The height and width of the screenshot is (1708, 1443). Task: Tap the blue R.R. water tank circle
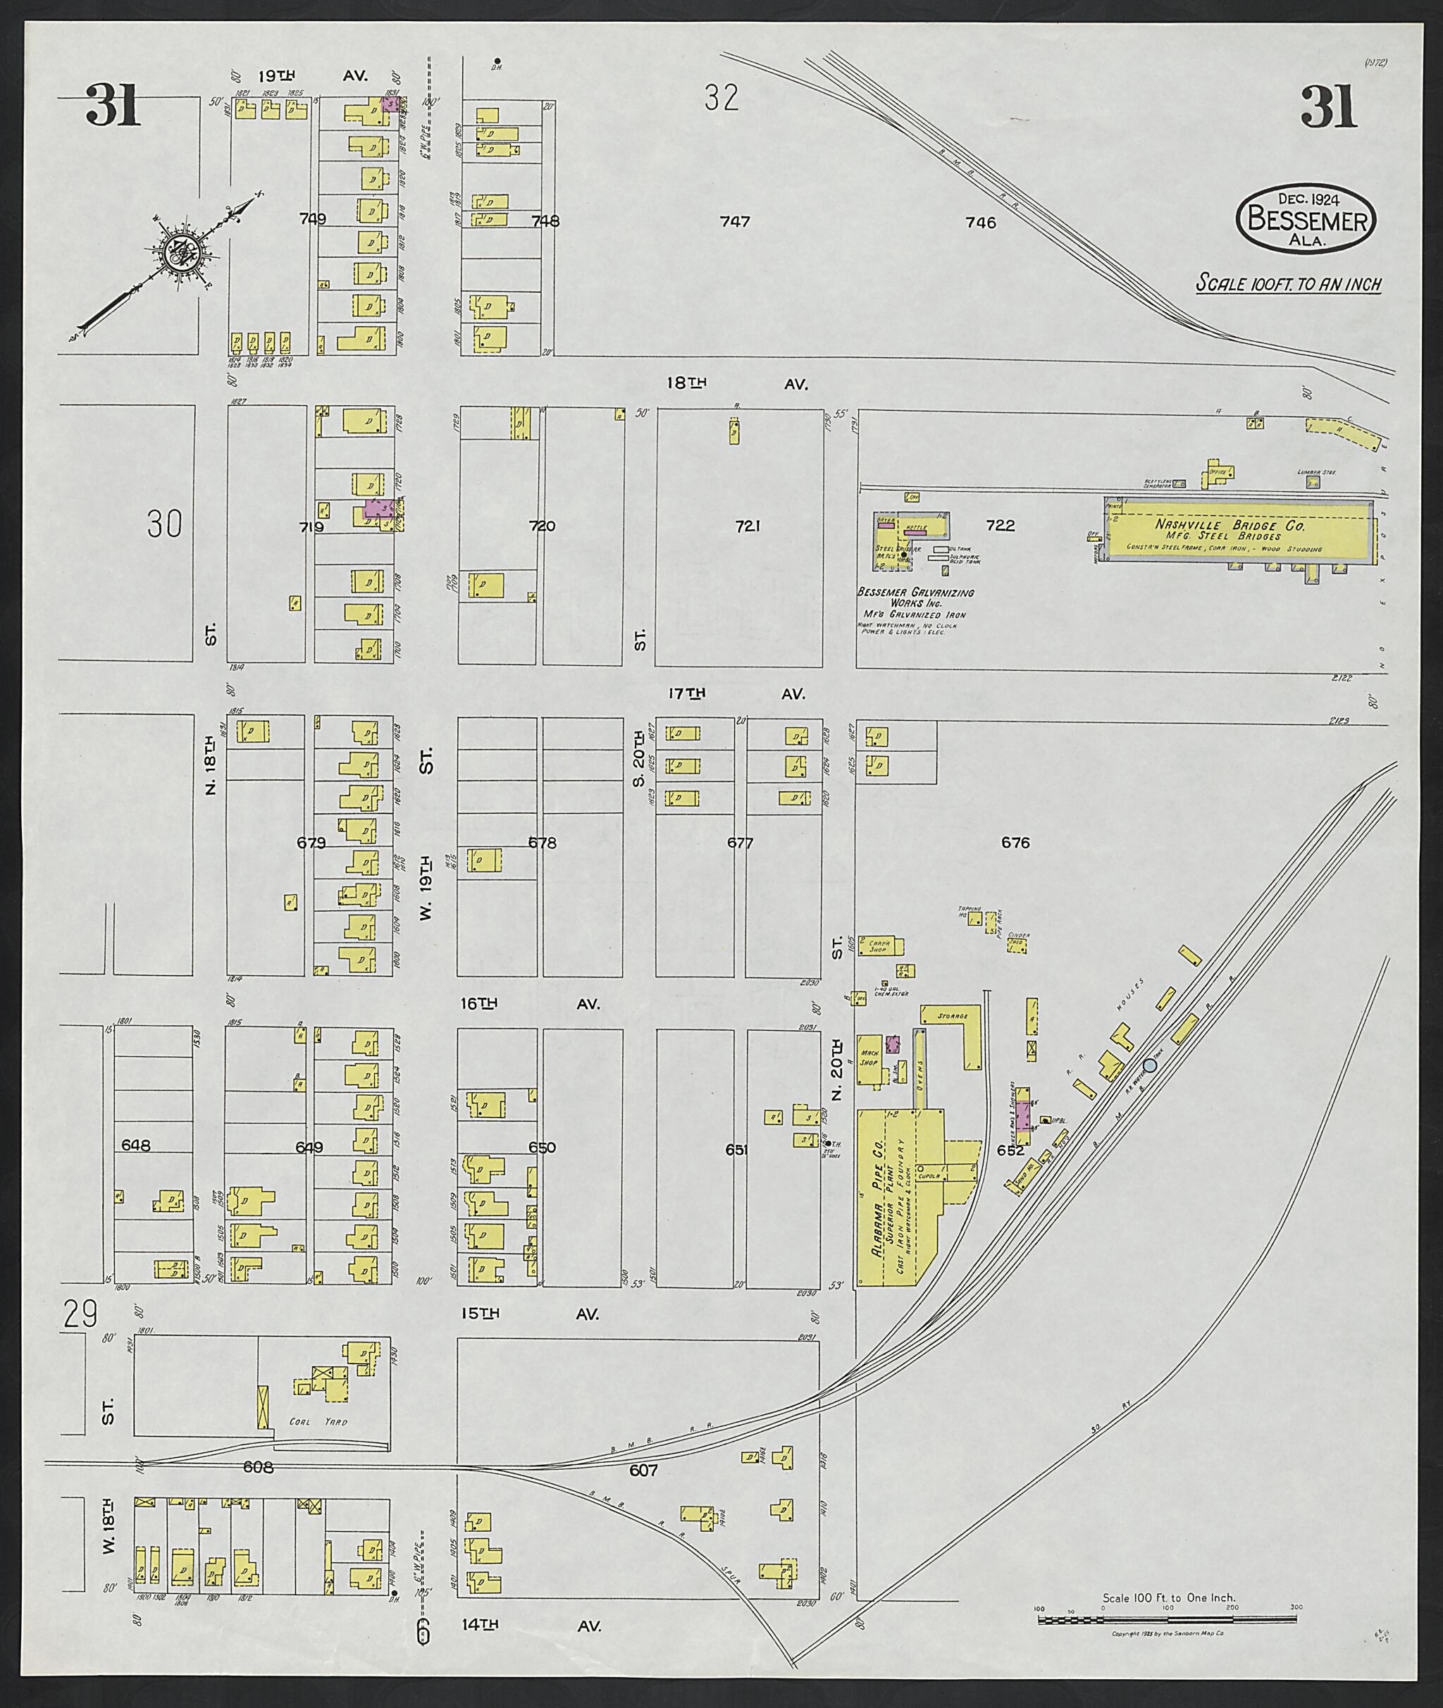[1149, 1065]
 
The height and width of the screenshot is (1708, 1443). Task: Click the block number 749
[313, 218]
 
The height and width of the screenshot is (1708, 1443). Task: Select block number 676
[1015, 842]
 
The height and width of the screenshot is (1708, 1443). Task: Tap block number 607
[643, 1470]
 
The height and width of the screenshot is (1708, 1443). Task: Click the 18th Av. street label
[737, 383]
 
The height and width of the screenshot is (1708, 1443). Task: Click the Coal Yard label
[318, 1422]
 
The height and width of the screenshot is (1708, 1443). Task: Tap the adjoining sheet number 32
[721, 98]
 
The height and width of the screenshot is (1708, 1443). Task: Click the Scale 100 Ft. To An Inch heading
[1289, 284]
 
